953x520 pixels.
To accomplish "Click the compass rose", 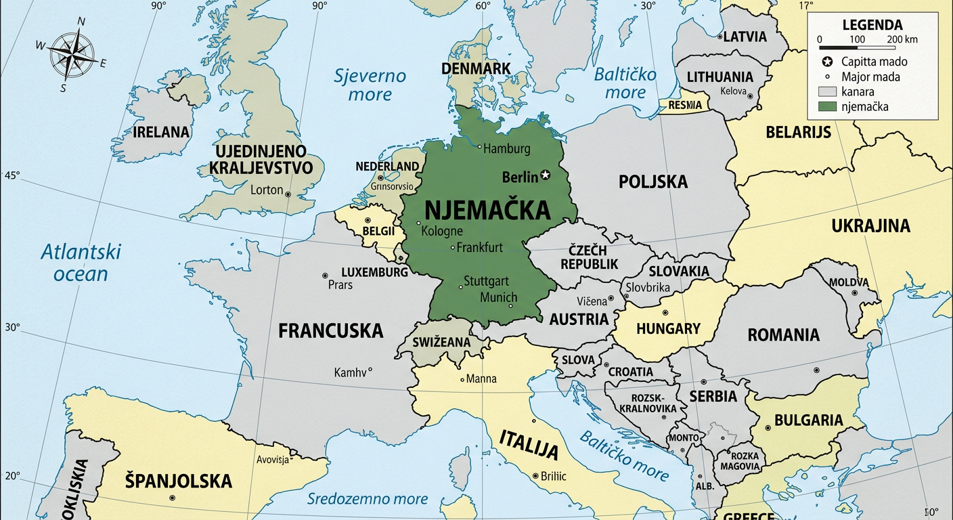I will [72, 55].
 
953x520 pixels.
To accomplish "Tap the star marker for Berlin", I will [546, 176].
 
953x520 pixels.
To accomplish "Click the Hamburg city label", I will [507, 149].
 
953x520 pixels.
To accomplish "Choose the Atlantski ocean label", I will [81, 263].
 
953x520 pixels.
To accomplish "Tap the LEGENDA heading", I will [872, 25].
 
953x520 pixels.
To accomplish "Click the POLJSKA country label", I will [652, 181].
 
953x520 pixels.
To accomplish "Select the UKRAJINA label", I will [870, 225].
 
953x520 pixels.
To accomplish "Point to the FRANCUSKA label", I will [330, 331].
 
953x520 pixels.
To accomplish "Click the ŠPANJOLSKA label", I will [178, 481].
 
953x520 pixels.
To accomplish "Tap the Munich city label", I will [498, 297].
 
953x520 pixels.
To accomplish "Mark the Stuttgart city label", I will [486, 281].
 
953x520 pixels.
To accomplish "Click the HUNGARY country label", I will [668, 328].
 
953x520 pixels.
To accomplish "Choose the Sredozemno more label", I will [368, 499].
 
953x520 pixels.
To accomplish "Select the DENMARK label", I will [476, 68].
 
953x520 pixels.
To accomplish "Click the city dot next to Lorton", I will [288, 194].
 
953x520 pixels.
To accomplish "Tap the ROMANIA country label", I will [783, 334].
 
